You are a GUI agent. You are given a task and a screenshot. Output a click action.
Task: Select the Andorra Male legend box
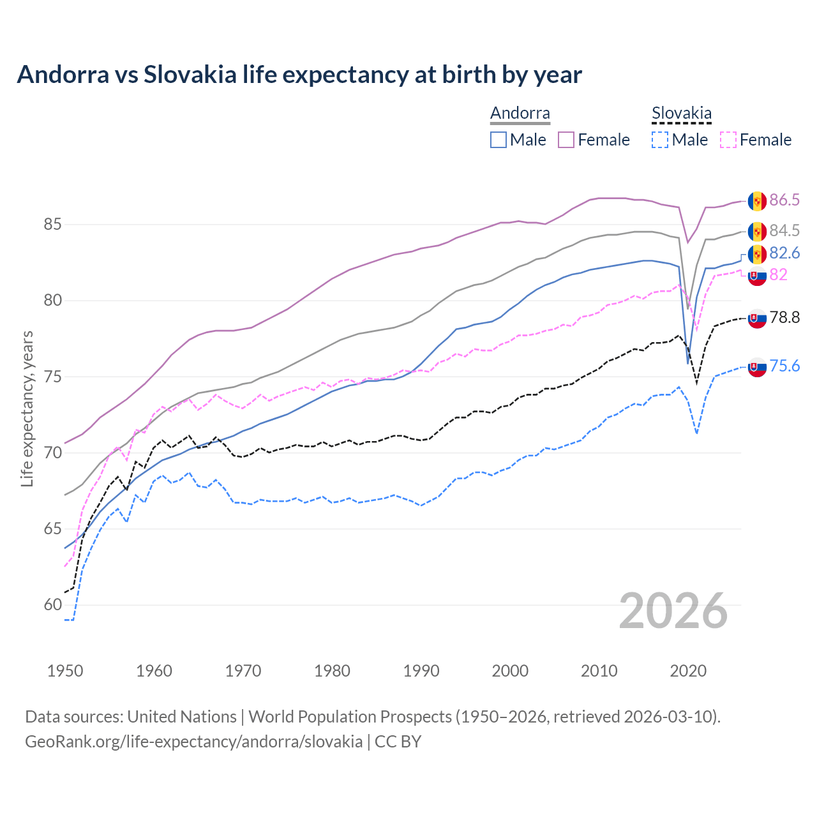[498, 140]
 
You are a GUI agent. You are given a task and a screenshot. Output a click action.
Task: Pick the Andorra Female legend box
[566, 140]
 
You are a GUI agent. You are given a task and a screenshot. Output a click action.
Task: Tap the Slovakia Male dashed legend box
[660, 140]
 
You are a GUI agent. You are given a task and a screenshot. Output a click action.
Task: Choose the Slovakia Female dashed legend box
[728, 140]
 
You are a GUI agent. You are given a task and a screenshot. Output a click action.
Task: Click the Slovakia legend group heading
[681, 114]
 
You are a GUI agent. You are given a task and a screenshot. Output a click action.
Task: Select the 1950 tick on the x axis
[65, 671]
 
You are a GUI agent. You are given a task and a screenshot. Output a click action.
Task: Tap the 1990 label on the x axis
[421, 671]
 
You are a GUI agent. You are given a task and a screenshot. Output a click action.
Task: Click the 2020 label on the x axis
[688, 671]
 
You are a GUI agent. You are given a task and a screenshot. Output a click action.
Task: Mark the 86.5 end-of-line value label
[784, 200]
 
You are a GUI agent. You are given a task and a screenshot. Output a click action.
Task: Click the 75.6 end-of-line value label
[784, 366]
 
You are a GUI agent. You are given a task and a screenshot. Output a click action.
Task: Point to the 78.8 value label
[784, 318]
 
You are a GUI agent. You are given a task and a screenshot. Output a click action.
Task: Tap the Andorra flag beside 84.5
[757, 231]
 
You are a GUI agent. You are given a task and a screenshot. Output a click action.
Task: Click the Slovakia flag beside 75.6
[757, 367]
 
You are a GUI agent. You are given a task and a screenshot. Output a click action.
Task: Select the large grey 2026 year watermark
[673, 611]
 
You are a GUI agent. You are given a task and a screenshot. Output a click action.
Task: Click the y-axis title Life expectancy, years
[27, 408]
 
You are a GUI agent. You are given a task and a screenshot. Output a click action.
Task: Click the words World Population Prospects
[350, 717]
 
